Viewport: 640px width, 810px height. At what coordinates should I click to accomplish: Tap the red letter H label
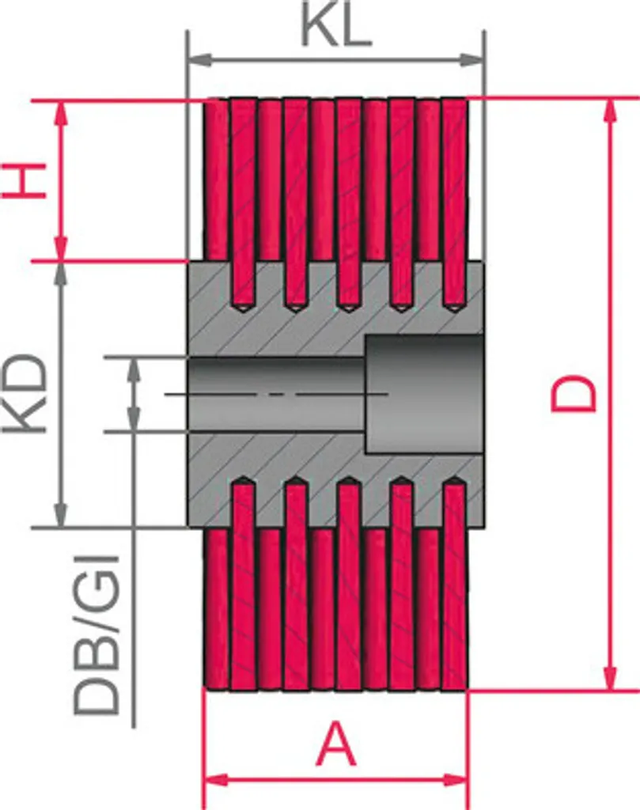[x=24, y=180]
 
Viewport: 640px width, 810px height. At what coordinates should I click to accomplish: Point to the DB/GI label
[x=97, y=635]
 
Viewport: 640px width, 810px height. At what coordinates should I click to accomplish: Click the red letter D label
[x=574, y=394]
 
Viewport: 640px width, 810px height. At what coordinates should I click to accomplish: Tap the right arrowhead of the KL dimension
[x=471, y=59]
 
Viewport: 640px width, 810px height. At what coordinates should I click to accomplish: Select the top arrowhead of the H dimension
[x=62, y=112]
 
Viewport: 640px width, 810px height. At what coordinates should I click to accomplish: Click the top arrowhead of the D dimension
[x=611, y=111]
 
